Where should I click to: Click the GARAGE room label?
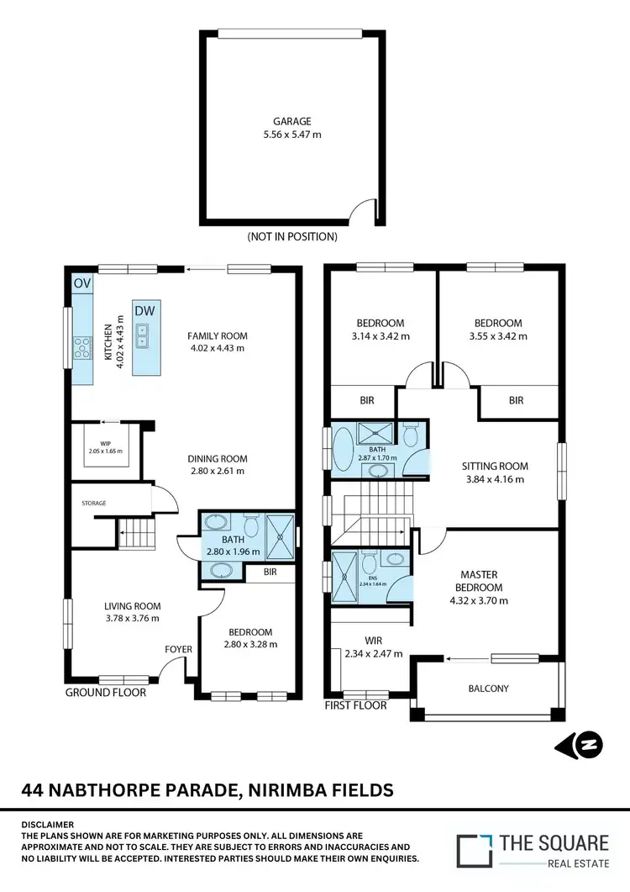click(x=291, y=121)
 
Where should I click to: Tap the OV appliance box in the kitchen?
click(x=81, y=283)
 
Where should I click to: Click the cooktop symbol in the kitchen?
click(x=82, y=347)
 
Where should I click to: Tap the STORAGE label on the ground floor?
click(x=94, y=503)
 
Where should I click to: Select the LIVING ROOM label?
click(x=132, y=606)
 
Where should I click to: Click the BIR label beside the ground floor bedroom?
click(x=269, y=573)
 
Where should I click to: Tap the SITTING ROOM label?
click(x=494, y=466)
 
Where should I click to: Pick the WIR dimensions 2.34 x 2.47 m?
click(x=374, y=653)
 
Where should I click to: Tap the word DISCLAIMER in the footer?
click(x=49, y=825)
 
